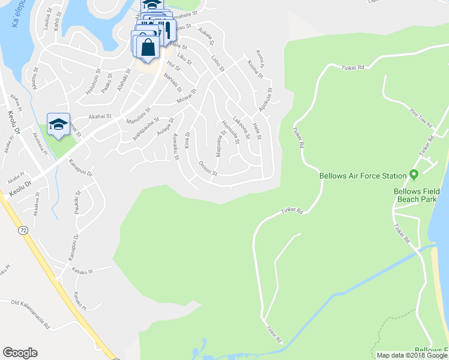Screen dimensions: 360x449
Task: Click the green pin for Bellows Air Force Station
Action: click(414, 175)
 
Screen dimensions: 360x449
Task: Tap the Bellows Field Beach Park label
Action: click(417, 196)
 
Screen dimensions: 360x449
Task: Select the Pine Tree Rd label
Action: click(421, 117)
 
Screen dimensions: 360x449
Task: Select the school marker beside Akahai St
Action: click(58, 124)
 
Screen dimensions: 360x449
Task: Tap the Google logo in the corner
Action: click(20, 353)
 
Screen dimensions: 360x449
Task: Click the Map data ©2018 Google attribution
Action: click(411, 355)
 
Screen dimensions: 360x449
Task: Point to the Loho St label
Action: click(217, 64)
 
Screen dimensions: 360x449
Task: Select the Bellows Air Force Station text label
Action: click(363, 176)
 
